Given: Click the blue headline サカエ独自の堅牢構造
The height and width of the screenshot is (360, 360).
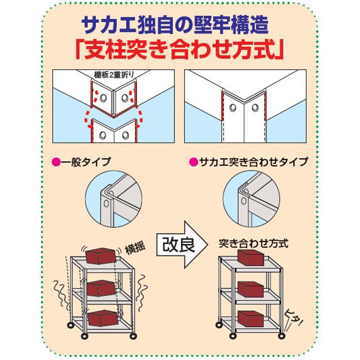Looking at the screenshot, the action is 175,26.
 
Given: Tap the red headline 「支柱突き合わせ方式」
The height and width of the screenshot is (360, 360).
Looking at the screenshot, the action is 180,50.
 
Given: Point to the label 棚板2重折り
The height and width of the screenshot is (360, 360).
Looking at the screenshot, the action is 114,75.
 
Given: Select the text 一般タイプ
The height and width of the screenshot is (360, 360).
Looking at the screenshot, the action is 85,162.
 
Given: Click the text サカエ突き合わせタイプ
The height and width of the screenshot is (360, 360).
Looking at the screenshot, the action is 253,162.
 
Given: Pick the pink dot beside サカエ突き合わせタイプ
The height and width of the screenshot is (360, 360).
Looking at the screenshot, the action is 193,162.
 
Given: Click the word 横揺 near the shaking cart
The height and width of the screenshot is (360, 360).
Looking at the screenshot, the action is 135,249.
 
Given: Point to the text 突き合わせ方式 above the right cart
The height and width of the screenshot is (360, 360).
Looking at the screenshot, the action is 253,243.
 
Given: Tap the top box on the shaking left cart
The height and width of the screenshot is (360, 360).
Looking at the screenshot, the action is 100,256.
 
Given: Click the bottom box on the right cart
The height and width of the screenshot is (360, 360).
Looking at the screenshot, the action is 251,319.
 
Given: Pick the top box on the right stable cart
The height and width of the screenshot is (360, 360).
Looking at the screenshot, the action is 251,257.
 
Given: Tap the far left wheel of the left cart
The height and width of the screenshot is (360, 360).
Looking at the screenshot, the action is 70,325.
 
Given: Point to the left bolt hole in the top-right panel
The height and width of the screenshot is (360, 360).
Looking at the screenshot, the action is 233,108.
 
